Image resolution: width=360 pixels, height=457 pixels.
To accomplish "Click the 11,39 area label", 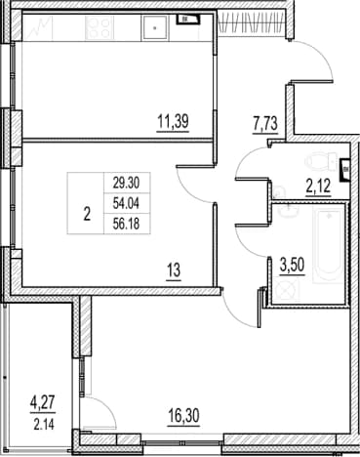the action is pyautogui.click(x=173, y=122).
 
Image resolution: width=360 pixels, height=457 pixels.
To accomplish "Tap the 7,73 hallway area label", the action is pyautogui.click(x=265, y=124).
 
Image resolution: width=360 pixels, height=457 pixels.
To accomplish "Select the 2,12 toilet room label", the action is pyautogui.click(x=318, y=186).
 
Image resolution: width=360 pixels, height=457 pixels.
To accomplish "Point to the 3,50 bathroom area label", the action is pyautogui.click(x=292, y=266).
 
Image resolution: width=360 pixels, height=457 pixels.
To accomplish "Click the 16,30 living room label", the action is pyautogui.click(x=183, y=416).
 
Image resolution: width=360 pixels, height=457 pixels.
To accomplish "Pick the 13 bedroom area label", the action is pyautogui.click(x=175, y=270).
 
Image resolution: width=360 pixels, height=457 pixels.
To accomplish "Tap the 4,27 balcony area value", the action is pyautogui.click(x=43, y=402).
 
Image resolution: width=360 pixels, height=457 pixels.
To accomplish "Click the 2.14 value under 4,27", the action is pyautogui.click(x=44, y=424).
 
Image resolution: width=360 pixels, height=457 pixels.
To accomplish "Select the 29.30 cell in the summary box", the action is pyautogui.click(x=126, y=184).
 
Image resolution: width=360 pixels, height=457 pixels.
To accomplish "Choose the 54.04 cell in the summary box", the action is pyautogui.click(x=126, y=204).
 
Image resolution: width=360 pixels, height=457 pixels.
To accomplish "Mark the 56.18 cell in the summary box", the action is pyautogui.click(x=126, y=224).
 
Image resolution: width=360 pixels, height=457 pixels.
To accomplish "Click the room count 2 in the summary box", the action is pyautogui.click(x=87, y=215).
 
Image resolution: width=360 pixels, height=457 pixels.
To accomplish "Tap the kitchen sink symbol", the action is pyautogui.click(x=155, y=28).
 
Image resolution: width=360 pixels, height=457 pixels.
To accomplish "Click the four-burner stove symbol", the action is pyautogui.click(x=100, y=27).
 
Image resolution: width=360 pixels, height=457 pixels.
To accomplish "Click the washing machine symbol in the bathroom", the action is pyautogui.click(x=286, y=290).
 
